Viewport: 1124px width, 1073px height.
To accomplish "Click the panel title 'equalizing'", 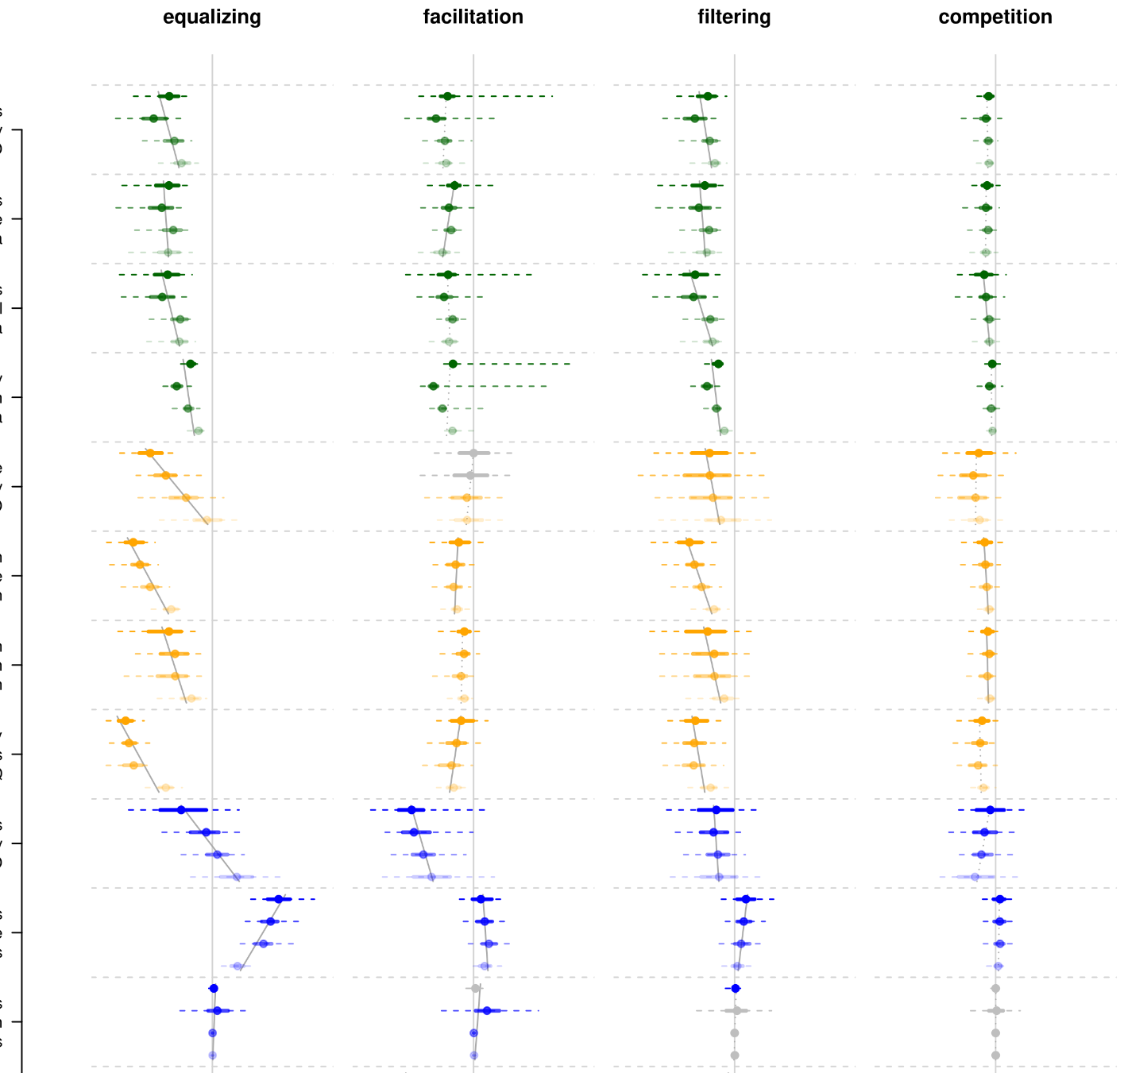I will tap(212, 17).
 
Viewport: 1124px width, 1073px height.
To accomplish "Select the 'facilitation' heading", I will tap(473, 17).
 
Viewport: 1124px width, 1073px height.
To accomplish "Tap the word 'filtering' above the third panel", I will tap(734, 17).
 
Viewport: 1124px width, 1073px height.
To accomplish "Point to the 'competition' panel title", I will tap(995, 17).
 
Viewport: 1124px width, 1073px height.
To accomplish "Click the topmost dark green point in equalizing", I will tap(168, 96).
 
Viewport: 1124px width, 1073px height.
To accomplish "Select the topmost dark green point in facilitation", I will tap(447, 96).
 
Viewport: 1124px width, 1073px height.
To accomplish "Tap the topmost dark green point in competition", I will tap(988, 96).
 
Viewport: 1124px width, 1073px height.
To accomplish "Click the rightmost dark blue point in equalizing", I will tap(278, 899).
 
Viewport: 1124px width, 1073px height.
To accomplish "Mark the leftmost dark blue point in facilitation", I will tap(411, 810).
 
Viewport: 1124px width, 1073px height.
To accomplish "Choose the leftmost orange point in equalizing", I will tap(124, 720).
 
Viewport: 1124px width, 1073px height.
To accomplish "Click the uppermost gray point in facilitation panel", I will tap(473, 453).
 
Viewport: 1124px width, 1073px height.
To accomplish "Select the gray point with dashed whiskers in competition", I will tap(995, 1011).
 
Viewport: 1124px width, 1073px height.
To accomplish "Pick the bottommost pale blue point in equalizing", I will tap(212, 1056).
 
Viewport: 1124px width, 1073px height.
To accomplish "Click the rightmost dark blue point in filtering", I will tap(746, 899).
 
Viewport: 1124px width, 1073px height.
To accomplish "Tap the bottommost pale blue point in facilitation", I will tap(473, 1056).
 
